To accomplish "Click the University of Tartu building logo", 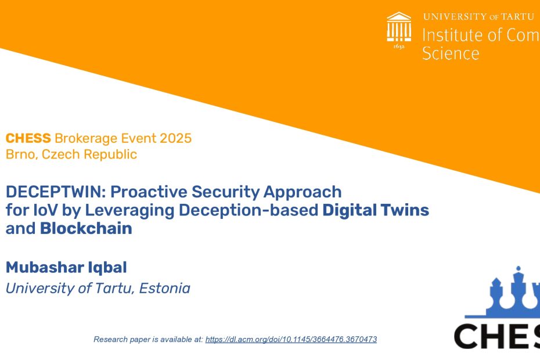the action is (399, 27).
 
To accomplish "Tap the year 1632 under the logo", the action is (399, 46).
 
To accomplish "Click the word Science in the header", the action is (451, 53).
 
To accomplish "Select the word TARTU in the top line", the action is (517, 16).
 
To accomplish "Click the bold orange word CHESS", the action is (28, 138).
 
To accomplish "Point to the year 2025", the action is (175, 138).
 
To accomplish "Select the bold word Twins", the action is (405, 210).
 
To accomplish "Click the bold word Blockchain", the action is (86, 228).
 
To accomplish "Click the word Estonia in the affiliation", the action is (165, 289).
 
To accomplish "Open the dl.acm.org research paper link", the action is (291, 339).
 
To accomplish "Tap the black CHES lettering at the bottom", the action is (497, 336).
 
